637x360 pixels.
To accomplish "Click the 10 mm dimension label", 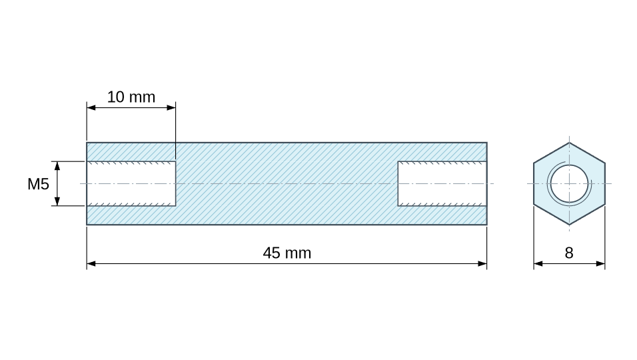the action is pos(131,97).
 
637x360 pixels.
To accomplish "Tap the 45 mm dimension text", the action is pos(287,253).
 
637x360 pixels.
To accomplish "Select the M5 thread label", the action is pos(38,184).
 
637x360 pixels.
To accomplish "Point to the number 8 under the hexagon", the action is pos(569,253).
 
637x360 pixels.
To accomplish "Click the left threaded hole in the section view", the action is pos(131,183).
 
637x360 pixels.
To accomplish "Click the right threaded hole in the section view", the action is pos(442,183).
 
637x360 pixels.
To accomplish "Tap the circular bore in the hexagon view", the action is pos(569,183).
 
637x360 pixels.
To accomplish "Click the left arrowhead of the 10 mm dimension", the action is pos(91,108).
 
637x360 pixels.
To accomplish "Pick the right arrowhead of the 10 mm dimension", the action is pos(171,108).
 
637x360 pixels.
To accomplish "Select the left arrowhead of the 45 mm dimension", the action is pos(91,264).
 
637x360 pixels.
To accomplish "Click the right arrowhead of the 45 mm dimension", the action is pos(482,264).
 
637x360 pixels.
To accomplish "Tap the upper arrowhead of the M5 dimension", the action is pos(57,166).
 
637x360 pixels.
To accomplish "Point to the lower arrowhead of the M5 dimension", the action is pos(57,201).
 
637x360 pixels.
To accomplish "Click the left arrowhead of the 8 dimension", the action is pos(538,264).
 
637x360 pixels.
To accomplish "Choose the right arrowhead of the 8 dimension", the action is pos(600,264).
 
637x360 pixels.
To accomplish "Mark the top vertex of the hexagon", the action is pos(569,143).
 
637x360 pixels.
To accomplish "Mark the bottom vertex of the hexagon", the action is pos(569,225).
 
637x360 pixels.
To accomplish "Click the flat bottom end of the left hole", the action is pos(176,183).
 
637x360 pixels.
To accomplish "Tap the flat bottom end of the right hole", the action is pos(398,183).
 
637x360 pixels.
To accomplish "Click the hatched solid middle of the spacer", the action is pos(287,183).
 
